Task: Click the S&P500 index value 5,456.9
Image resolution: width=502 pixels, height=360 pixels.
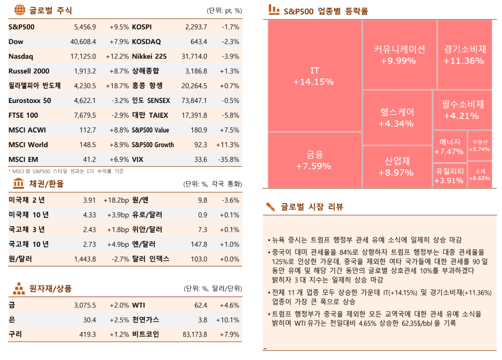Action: click(85, 27)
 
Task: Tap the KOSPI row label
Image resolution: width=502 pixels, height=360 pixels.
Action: click(142, 27)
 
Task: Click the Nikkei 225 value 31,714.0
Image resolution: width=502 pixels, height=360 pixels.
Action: click(194, 57)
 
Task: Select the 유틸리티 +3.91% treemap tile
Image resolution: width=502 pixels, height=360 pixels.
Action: click(449, 175)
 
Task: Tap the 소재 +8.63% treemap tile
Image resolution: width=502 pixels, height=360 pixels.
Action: click(479, 174)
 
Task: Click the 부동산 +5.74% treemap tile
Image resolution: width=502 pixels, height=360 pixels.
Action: click(479, 146)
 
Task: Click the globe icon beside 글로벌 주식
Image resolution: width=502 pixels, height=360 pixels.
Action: click(19, 10)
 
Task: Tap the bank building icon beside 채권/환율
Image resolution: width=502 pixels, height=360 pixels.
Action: click(19, 184)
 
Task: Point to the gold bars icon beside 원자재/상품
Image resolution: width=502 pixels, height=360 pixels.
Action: click(19, 289)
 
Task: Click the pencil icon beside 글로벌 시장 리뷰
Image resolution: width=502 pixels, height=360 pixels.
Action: click(271, 207)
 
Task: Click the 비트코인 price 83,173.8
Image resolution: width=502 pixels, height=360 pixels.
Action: click(194, 334)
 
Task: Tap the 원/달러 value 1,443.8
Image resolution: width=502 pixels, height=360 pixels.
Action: click(85, 259)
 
